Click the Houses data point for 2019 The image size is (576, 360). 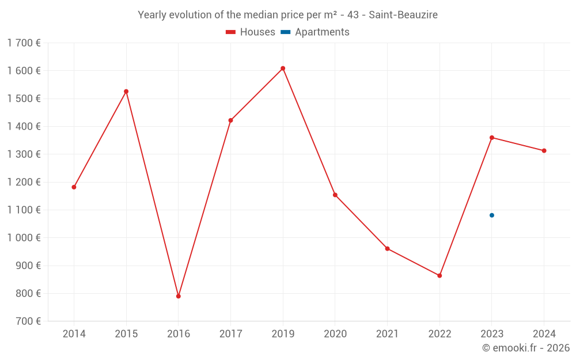point(283,69)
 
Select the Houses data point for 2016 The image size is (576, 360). point(179,296)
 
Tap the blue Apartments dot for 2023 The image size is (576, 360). point(492,215)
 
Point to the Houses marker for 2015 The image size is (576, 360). point(126,92)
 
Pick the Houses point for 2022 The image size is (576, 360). point(439,276)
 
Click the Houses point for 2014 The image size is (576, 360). point(74,187)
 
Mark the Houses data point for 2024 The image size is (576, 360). point(544,151)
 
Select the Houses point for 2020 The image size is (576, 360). point(335,195)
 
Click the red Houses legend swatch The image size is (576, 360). point(230,32)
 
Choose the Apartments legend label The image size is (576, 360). point(322,32)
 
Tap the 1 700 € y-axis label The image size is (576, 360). point(24,43)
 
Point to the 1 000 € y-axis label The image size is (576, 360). point(24,238)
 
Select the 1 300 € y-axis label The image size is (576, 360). point(24,154)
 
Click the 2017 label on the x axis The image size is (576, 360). point(230,334)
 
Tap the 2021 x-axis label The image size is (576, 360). point(387,334)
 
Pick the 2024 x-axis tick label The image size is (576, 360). point(544,334)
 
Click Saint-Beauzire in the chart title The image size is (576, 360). point(403,15)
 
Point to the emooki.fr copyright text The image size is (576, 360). point(525,348)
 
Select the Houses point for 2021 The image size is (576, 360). point(387,249)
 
